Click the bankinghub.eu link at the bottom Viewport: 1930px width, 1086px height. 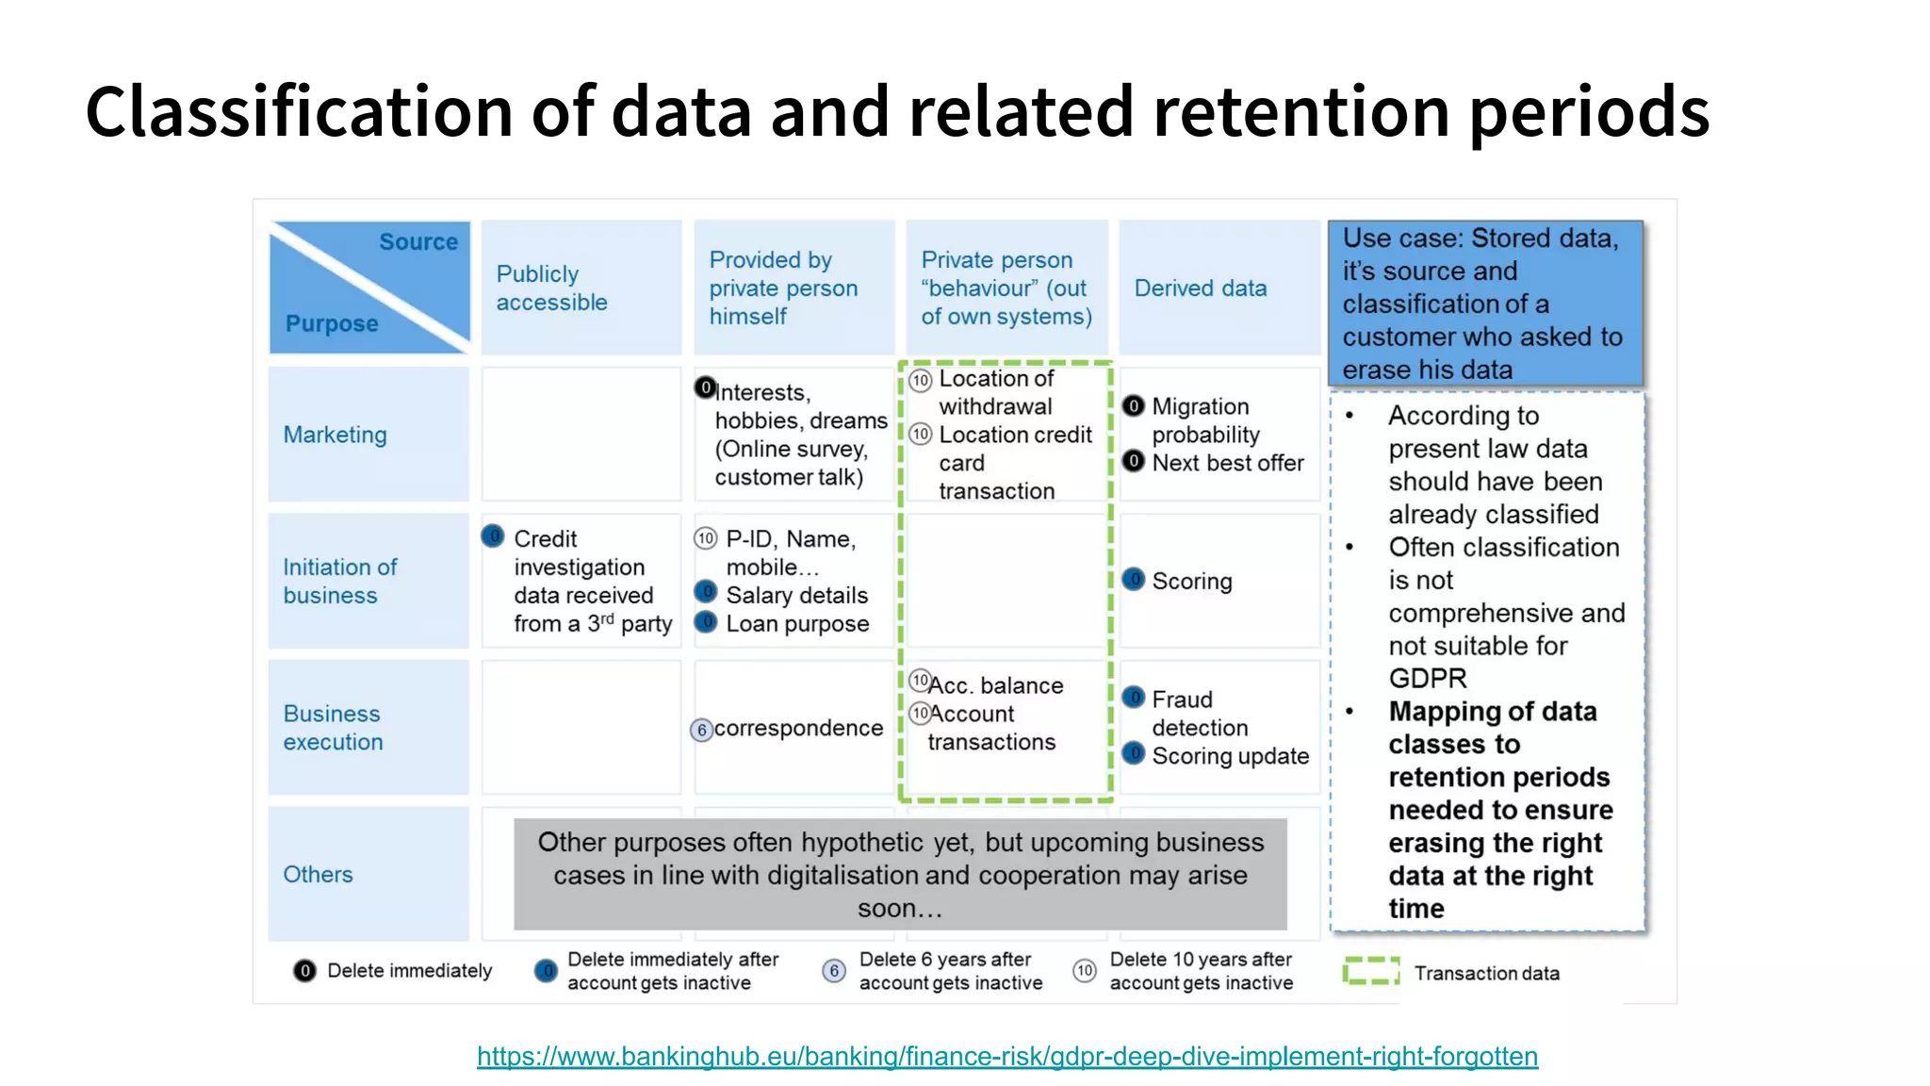[1006, 1056]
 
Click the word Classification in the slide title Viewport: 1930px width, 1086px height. [300, 111]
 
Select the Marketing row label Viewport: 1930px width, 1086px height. [335, 435]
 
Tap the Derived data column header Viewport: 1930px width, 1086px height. [1200, 288]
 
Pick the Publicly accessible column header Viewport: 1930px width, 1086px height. [551, 288]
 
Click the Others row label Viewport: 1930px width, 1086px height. [318, 874]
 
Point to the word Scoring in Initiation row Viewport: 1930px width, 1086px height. [1191, 582]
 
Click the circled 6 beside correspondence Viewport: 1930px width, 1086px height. [701, 730]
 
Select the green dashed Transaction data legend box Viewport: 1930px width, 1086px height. [1370, 972]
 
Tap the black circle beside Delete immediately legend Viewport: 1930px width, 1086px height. [304, 971]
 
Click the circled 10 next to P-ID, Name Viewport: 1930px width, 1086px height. [705, 538]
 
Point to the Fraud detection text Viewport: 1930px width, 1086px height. [1199, 714]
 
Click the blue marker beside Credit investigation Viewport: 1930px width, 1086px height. [493, 536]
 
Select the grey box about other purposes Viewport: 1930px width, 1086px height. [900, 875]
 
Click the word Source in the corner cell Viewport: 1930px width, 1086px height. [418, 242]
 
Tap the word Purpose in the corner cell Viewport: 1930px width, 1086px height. [332, 323]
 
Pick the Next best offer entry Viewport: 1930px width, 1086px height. [1227, 463]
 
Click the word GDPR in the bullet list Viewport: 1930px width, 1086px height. [1428, 679]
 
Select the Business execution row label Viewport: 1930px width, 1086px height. [333, 728]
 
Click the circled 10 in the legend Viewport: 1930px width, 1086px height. [1085, 971]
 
